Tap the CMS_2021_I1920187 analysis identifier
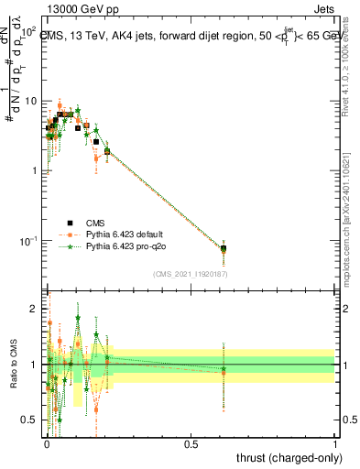[x=191, y=273]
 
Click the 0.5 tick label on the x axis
[x=191, y=443]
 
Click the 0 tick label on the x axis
[x=46, y=443]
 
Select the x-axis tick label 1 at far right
[x=335, y=443]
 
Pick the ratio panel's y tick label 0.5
[x=31, y=420]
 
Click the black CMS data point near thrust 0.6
[x=224, y=248]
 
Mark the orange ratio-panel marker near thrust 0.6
[x=224, y=371]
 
